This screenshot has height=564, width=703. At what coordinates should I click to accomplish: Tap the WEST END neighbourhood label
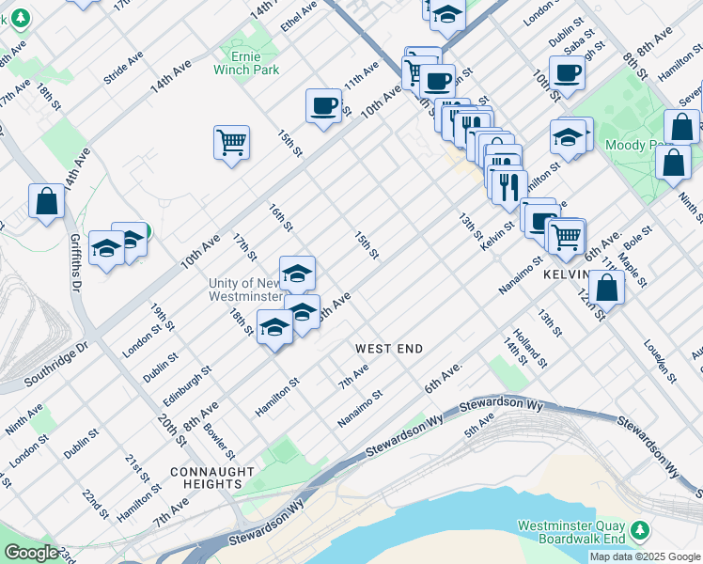click(x=388, y=349)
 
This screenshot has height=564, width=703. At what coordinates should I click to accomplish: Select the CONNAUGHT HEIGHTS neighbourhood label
click(x=212, y=478)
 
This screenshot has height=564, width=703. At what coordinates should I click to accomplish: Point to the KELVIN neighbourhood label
click(x=565, y=274)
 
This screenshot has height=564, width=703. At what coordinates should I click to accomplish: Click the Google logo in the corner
click(x=31, y=553)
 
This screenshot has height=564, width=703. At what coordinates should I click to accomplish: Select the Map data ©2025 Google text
click(x=645, y=556)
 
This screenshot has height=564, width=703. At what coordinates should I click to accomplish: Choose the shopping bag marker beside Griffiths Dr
click(x=46, y=201)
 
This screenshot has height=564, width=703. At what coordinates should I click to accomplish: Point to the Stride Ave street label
click(x=123, y=68)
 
